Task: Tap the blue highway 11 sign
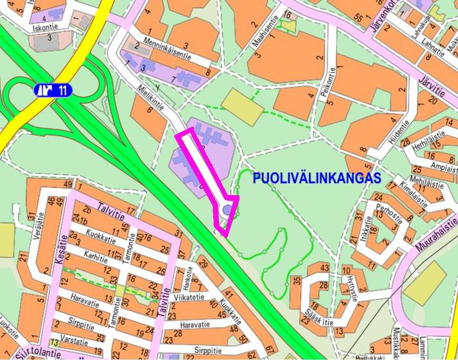53,90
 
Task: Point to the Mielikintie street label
155,100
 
